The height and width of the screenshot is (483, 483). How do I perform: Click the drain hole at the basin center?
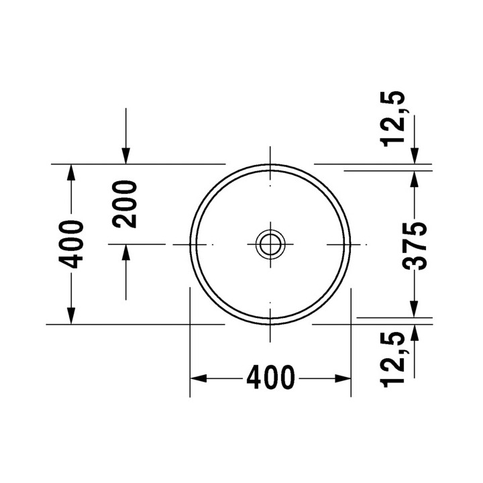point(270,244)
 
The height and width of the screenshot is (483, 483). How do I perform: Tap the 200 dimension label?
point(125,204)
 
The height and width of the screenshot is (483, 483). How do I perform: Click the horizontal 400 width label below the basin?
point(270,378)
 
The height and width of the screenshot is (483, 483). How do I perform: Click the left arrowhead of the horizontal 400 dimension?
point(197,378)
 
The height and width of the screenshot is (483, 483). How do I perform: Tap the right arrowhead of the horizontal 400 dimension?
point(344,378)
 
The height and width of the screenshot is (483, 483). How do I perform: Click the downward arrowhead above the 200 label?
point(125,156)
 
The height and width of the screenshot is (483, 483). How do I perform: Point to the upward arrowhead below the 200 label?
point(125,252)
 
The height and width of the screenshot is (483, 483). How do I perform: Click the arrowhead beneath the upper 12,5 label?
point(415,155)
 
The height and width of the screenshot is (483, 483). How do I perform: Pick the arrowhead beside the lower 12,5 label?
point(415,332)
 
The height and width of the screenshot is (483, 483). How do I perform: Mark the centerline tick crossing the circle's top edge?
point(270,163)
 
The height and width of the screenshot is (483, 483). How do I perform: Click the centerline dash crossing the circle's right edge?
point(350,244)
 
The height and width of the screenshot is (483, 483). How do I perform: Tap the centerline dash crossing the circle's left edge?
point(190,244)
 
